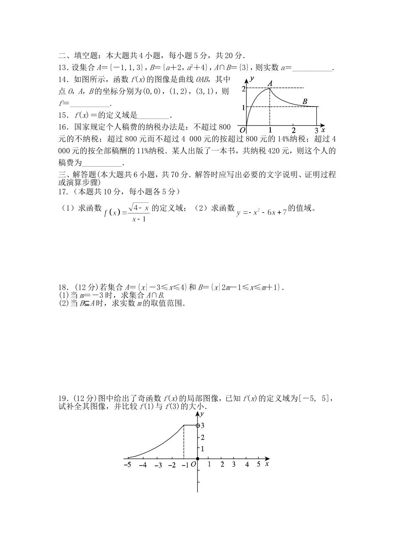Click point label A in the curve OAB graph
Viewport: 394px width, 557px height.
click(270, 83)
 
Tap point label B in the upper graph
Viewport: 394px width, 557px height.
click(305, 102)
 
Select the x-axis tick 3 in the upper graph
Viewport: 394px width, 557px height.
click(316, 131)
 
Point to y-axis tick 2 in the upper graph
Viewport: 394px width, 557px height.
click(243, 88)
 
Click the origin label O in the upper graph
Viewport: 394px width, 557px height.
click(243, 131)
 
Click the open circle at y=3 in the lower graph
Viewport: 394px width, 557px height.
click(198, 425)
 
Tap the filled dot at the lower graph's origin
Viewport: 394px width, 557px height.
click(197, 459)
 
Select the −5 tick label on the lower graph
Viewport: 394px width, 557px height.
click(127, 465)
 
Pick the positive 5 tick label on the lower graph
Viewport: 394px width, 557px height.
click(258, 464)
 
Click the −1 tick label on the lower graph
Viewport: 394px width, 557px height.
click(185, 465)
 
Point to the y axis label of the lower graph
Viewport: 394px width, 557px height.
click(202, 414)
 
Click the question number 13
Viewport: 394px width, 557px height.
click(63, 68)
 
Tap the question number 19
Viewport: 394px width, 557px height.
click(63, 399)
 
